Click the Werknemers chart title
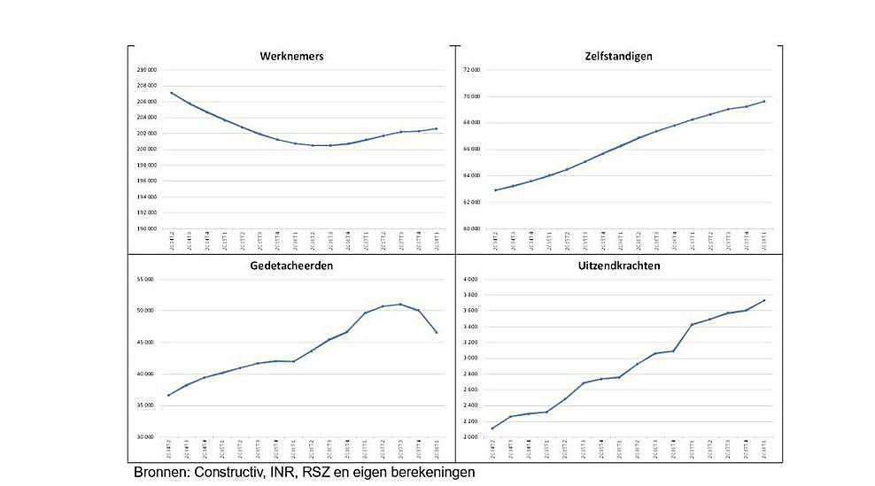[x=291, y=56]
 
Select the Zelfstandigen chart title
[x=618, y=56]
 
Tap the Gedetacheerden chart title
[x=291, y=265]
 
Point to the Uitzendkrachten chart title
[x=618, y=265]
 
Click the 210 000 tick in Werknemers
[x=147, y=70]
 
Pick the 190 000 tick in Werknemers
[x=147, y=228]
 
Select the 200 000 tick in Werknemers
[x=147, y=149]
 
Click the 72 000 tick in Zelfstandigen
[x=471, y=70]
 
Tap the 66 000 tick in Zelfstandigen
[x=471, y=149]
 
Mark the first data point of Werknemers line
[x=171, y=93]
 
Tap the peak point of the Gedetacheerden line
[x=400, y=305]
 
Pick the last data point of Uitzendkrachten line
[x=763, y=301]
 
